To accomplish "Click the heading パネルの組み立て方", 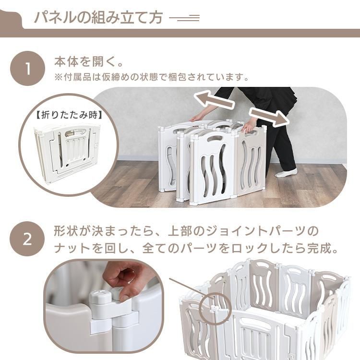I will [98, 18].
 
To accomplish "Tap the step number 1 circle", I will [27, 68].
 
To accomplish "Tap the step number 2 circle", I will [27, 239].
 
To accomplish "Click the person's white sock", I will [286, 172].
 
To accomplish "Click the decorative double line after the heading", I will [184, 18].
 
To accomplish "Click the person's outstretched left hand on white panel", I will [197, 118].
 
